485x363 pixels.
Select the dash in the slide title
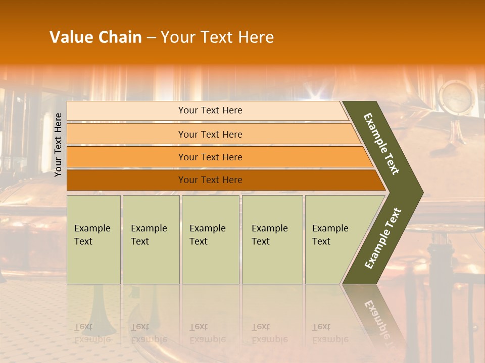pos(151,38)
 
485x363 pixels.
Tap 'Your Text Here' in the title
pos(217,37)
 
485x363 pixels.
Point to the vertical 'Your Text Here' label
pos(58,145)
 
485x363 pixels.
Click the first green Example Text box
pos(93,239)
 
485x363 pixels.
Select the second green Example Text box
pos(151,239)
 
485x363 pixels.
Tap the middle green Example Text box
pos(210,239)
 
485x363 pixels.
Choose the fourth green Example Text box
pos(272,239)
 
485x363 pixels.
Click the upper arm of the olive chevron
pos(382,143)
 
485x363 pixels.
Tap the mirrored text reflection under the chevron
pos(376,318)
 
